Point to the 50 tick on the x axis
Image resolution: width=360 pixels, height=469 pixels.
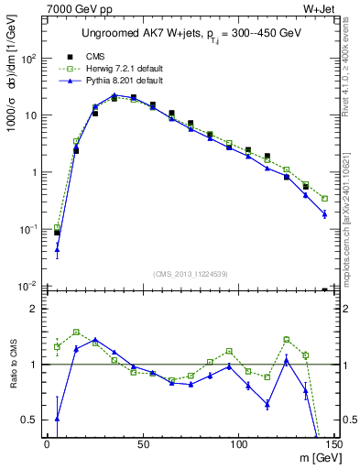[142, 444]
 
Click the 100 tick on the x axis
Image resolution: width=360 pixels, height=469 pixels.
[238, 444]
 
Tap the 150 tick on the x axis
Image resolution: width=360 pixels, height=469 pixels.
[333, 444]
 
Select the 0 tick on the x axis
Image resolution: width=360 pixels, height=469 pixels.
[47, 444]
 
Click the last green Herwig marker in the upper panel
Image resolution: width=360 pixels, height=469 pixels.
[325, 198]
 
